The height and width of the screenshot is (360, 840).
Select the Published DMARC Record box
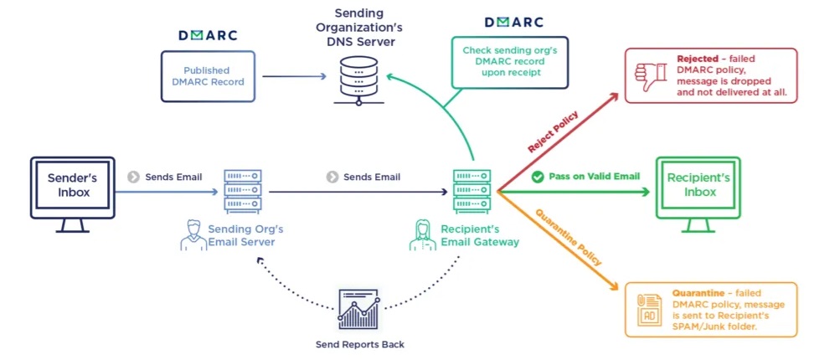pos(208,77)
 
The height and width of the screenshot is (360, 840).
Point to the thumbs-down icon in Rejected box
pos(650,76)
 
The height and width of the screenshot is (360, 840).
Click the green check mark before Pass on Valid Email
pos(538,177)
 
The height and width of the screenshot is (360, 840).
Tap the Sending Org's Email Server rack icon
pos(243,191)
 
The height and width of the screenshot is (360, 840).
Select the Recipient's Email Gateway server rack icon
pos(472,191)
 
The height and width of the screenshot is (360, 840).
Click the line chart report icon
pos(359,309)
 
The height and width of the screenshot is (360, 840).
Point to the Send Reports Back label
pos(359,344)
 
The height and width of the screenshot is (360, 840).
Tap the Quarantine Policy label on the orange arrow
pos(569,238)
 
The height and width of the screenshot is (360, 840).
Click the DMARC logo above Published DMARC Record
pos(208,36)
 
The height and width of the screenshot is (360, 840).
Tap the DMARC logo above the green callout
pos(513,23)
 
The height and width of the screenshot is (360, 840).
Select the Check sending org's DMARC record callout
pos(509,62)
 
